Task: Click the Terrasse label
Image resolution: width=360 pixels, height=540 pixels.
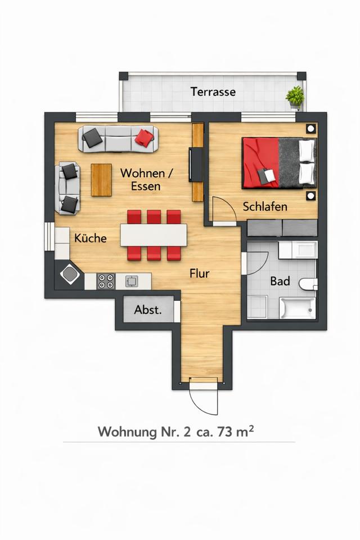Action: click(x=213, y=92)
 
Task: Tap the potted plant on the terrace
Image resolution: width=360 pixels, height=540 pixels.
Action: click(x=295, y=97)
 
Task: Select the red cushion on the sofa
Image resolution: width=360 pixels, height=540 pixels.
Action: click(x=144, y=137)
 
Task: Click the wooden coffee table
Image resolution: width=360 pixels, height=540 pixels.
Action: click(x=101, y=180)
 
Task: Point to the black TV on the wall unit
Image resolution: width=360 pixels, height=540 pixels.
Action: click(x=196, y=165)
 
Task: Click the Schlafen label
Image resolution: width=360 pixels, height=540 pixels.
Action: click(x=265, y=206)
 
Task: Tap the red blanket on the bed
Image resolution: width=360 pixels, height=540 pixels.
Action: click(x=260, y=163)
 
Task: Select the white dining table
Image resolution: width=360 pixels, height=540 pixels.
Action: click(x=154, y=235)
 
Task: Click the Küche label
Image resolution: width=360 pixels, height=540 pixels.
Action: click(x=90, y=238)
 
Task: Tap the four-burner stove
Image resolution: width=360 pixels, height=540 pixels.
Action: click(x=105, y=281)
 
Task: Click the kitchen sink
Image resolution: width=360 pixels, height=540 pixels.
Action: click(x=131, y=281)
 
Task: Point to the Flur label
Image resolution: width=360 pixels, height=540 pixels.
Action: click(x=200, y=274)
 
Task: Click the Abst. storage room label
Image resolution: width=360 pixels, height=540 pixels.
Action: click(x=148, y=309)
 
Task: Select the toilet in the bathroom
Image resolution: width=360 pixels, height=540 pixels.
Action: click(x=308, y=285)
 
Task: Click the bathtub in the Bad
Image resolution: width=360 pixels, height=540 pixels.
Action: click(x=298, y=308)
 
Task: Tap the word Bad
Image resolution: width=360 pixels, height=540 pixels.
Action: click(x=280, y=281)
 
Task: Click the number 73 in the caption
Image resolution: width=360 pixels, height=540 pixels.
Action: click(x=224, y=432)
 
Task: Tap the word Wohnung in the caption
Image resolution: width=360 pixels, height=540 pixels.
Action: click(x=127, y=432)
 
